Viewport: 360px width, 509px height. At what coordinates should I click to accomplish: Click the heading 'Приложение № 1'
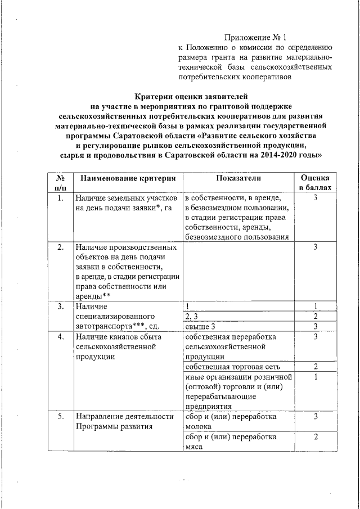[251, 38]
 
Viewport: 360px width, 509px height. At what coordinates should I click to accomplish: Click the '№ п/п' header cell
[60, 182]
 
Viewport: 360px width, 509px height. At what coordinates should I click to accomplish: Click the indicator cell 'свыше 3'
[200, 327]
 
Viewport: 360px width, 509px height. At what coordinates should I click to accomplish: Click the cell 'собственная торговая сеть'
[230, 367]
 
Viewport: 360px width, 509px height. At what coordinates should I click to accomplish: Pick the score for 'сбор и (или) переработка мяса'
[316, 437]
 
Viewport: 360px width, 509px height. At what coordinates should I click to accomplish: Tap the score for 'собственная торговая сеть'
[316, 367]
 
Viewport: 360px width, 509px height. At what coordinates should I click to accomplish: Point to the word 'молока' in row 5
[198, 427]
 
